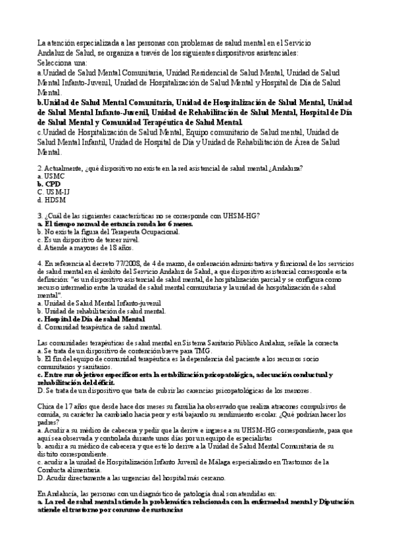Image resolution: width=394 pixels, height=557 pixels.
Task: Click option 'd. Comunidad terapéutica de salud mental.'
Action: tap(99, 326)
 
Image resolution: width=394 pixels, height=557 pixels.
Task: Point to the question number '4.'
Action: tap(40, 261)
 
